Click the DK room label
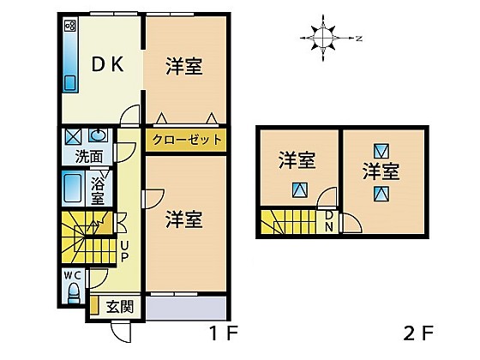pos(108,64)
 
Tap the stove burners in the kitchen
pos(70,26)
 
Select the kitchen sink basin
pos(70,82)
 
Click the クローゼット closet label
pos(187,140)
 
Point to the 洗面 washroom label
pos(89,157)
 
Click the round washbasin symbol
pos(98,135)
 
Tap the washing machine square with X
pos(73,136)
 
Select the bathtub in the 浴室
pos(73,188)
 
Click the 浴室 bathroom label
pos(98,192)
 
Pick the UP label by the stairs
pos(124,252)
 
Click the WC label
pos(73,275)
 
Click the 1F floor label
pos(223,333)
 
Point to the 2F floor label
pos(418,333)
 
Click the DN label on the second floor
pos(329,221)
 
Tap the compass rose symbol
pos(323,38)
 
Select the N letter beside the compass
pos(359,39)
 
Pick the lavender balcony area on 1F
pos(186,308)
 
